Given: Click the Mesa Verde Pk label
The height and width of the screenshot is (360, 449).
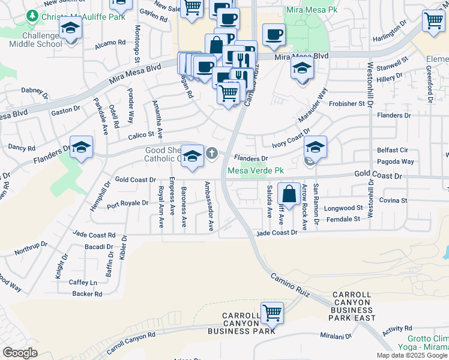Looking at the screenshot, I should [255, 171].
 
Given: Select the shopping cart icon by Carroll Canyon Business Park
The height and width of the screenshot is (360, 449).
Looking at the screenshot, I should [272, 313].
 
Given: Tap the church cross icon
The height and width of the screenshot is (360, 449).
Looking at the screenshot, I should [211, 154].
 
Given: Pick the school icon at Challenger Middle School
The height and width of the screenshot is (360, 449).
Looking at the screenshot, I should [71, 29].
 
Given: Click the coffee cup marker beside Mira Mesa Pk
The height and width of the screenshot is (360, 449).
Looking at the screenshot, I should [273, 35].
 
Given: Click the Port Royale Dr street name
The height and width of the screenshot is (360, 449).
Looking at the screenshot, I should [127, 203].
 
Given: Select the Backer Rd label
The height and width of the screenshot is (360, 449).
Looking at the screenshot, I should [87, 293].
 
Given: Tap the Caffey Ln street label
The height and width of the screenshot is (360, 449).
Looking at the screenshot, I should [83, 282].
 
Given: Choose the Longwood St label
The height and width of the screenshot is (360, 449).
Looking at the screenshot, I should [344, 208].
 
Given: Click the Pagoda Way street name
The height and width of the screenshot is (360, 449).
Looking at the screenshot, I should [395, 161].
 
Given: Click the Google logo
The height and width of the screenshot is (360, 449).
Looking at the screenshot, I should [20, 353].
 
